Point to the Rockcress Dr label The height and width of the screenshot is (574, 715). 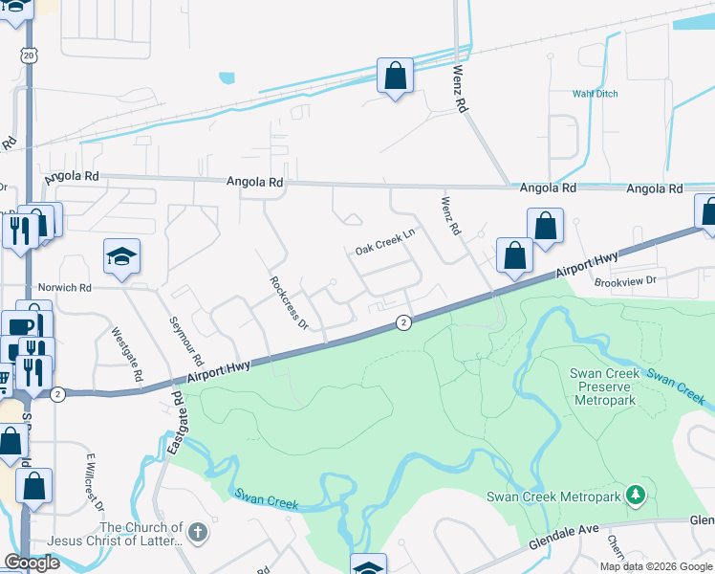[288, 303]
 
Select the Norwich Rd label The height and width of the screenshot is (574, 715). [64, 287]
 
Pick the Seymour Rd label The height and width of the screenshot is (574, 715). [186, 342]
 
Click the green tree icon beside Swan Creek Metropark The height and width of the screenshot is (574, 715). [633, 495]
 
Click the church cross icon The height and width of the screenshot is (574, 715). [198, 532]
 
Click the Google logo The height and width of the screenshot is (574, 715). [32, 563]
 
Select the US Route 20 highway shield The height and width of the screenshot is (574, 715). [29, 56]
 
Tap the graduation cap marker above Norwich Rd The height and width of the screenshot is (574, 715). [122, 256]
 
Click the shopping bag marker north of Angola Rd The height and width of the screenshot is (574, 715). [395, 76]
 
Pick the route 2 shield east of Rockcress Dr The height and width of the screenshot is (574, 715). [404, 323]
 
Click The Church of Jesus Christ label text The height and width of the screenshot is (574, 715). [141, 534]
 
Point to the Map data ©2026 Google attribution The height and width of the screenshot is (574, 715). [656, 566]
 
